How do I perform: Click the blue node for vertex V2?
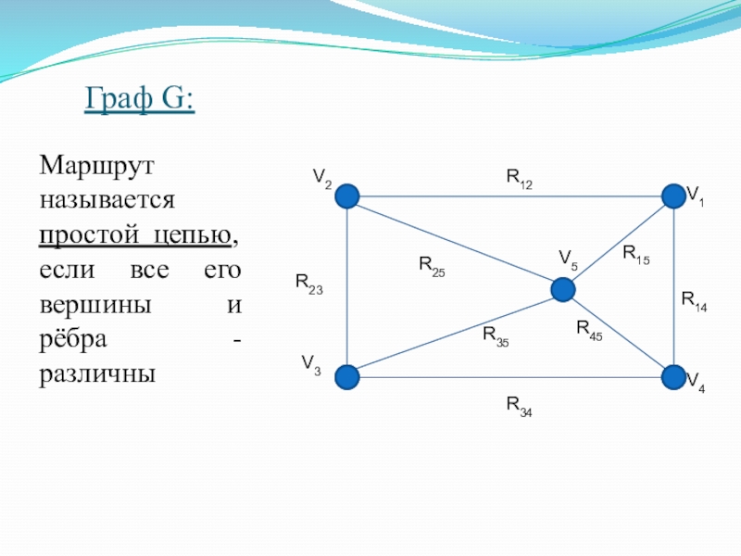(x=347, y=196)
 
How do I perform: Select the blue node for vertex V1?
(x=674, y=196)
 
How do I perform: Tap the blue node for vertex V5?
(x=563, y=290)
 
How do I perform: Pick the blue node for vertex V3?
(x=347, y=377)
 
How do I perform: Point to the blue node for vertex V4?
(x=674, y=377)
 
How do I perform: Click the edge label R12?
(x=520, y=179)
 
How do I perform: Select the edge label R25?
(x=432, y=266)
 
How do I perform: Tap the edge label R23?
(x=309, y=284)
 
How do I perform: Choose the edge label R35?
(x=496, y=336)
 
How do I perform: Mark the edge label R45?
(x=589, y=330)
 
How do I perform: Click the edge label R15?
(x=636, y=255)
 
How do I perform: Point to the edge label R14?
(x=694, y=302)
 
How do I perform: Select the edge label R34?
(x=520, y=407)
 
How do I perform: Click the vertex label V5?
(x=568, y=260)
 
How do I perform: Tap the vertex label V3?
(x=311, y=365)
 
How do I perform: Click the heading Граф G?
(x=140, y=99)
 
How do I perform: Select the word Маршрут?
(x=97, y=167)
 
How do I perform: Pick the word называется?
(x=107, y=200)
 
